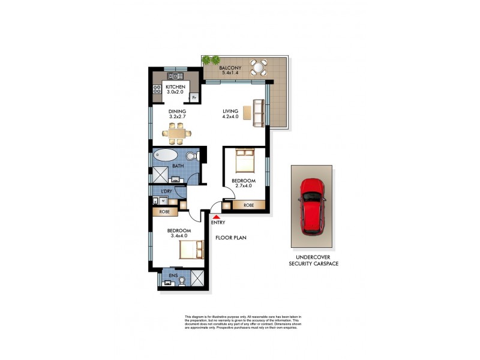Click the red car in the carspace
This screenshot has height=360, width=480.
[311, 205]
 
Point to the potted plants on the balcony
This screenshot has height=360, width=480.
[211, 60]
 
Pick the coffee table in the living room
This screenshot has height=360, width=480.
[245, 113]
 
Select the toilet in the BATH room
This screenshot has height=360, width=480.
[191, 157]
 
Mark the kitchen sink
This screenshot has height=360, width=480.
[175, 76]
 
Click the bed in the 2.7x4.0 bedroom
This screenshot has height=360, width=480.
[245, 161]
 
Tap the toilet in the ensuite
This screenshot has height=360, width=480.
[181, 280]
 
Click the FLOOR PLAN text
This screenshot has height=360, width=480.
[231, 238]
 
